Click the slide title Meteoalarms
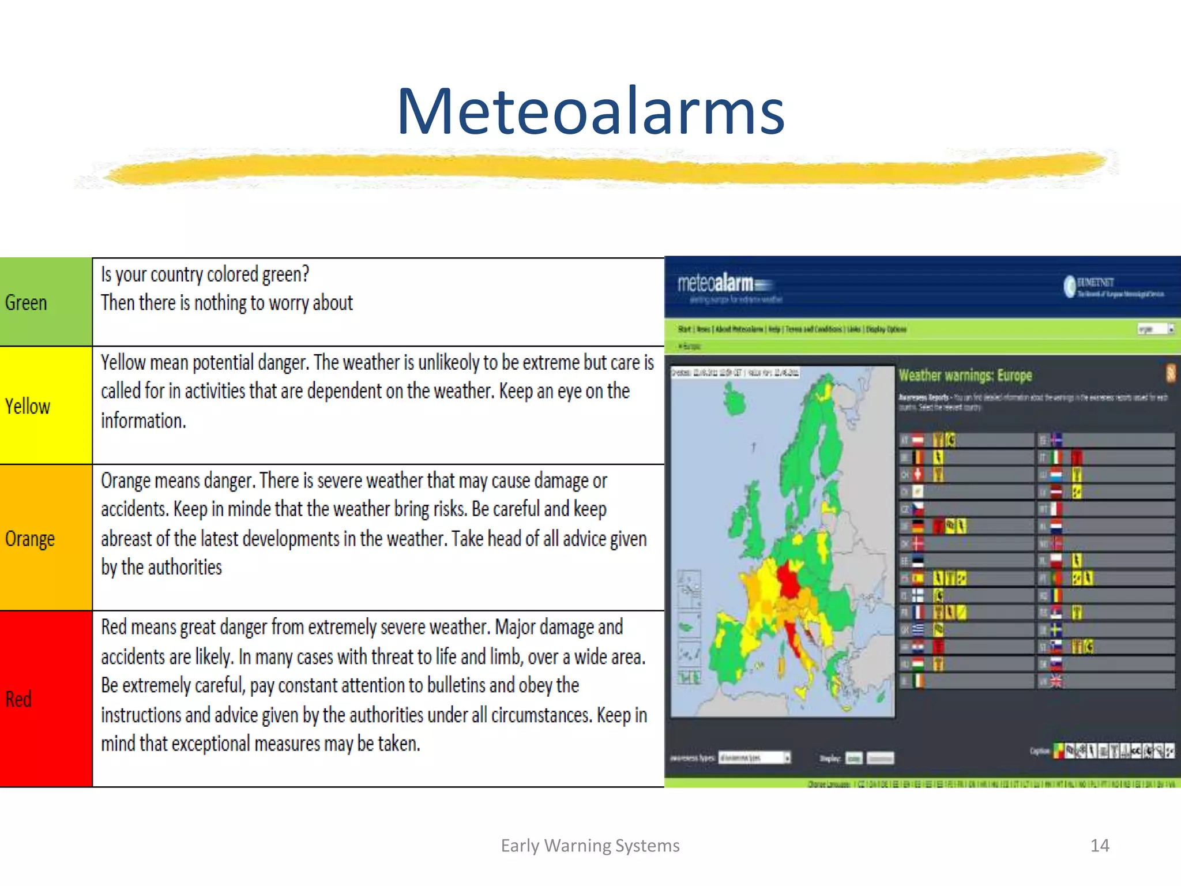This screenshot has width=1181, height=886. [590, 111]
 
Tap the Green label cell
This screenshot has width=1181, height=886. [45, 302]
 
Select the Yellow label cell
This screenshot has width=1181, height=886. [45, 406]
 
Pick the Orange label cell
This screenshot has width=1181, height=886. [45, 538]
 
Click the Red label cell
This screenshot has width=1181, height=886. [45, 699]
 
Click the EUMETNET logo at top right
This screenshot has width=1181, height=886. [1113, 287]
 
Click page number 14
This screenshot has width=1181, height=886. [1099, 846]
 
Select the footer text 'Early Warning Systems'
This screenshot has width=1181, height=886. [590, 846]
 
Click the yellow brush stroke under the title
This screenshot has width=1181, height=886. [600, 169]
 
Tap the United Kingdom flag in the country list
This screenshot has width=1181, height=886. [1056, 682]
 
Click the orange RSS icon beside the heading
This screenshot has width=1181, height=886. [1170, 374]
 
